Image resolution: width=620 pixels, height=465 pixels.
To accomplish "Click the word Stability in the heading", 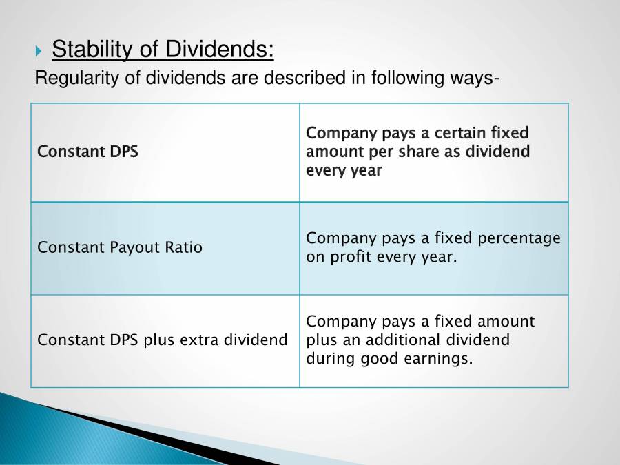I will point(86,50).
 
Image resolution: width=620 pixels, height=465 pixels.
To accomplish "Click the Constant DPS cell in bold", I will point(87,152).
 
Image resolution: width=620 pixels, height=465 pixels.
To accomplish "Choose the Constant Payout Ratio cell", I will point(120,247).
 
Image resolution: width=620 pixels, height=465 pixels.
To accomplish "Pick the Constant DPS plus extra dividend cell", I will point(163,340).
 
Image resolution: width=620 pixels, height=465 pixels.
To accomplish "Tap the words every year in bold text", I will point(344,170).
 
